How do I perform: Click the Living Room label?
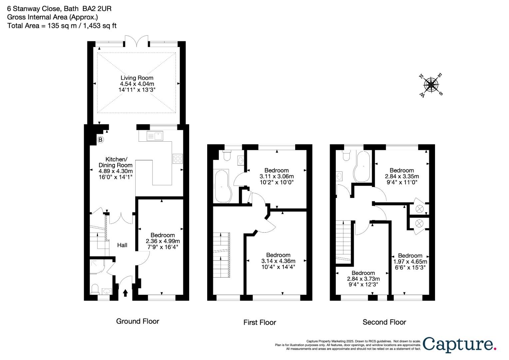pos(137,78)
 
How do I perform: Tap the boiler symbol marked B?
pos(100,140)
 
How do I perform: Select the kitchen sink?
pos(154,136)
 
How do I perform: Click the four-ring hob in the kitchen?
pos(177,159)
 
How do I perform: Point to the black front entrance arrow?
pos(125,293)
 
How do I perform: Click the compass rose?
pos(431,85)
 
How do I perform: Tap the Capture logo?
pos(460,344)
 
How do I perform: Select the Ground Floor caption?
pos(138,321)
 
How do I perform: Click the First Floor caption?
pos(259,322)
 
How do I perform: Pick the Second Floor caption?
pos(384,322)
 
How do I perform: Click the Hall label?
pos(122,245)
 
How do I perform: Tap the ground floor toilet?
pos(95,289)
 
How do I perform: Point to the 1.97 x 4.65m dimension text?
pos(410,262)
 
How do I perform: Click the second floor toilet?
pos(346,155)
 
